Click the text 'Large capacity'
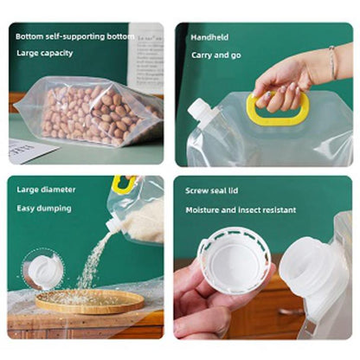(x=45, y=54)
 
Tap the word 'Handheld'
(x=209, y=37)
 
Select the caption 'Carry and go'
(x=216, y=55)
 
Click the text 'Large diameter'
(x=46, y=190)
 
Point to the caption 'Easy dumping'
(x=44, y=209)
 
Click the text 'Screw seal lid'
(x=212, y=190)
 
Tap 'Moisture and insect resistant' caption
(x=241, y=209)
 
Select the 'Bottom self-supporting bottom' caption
(x=75, y=36)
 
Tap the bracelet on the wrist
(x=333, y=62)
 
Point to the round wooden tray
(x=89, y=301)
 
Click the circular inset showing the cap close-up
(x=43, y=269)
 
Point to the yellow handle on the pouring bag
(x=124, y=184)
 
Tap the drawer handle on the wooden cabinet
(x=291, y=312)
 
